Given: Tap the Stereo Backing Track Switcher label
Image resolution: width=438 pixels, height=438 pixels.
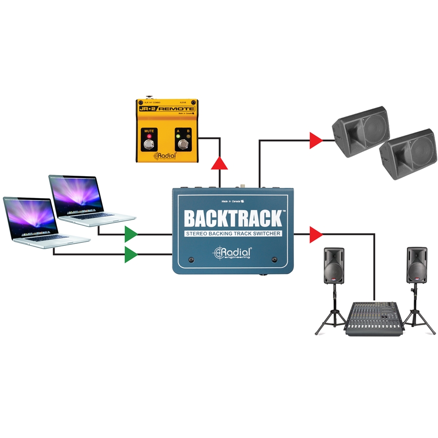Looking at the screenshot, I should (234, 234).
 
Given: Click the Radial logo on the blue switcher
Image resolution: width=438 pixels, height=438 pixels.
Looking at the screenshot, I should (233, 253).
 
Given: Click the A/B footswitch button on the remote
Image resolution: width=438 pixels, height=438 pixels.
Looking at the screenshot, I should (184, 145).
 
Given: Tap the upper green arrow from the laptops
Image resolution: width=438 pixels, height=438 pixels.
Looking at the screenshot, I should (130, 234).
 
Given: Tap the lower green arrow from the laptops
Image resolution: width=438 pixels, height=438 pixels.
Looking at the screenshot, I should (130, 254).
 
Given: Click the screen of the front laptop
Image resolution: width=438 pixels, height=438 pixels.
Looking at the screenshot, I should (30, 217).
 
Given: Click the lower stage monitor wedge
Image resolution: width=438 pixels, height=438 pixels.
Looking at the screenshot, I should (408, 153).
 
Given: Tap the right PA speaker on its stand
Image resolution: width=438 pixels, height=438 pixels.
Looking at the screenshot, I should (417, 265).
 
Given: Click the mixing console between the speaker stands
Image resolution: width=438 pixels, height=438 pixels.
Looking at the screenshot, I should (374, 317).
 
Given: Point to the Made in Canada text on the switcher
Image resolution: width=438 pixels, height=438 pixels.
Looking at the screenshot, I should (233, 201).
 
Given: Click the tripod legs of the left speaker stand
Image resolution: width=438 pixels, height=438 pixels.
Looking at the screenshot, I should (331, 321).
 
